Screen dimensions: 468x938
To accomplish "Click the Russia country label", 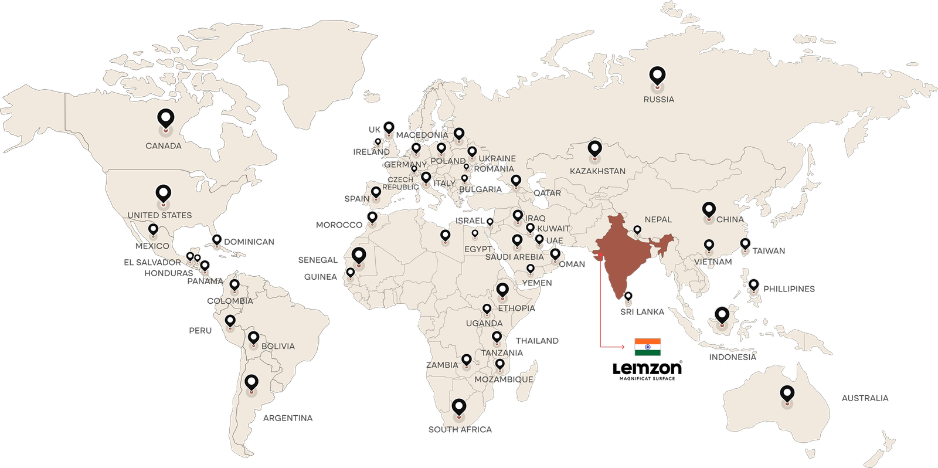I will (658, 100).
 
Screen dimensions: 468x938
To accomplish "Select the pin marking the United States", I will (164, 194).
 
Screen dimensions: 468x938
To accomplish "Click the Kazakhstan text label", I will (597, 171).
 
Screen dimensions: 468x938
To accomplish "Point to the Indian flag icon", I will (647, 347).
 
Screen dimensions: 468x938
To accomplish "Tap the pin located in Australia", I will (787, 394).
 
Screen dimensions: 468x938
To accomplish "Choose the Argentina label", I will (288, 418).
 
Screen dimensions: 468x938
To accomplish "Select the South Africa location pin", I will (459, 407).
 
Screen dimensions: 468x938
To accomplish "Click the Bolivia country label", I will (278, 347).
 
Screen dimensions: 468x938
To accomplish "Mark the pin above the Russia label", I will (658, 76).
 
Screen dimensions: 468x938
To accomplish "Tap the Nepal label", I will (658, 219).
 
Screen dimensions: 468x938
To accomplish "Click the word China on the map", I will (730, 219).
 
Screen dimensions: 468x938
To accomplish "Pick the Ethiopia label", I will (516, 308).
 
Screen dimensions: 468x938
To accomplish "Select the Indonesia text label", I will (732, 357).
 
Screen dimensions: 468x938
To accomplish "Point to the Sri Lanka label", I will (642, 312).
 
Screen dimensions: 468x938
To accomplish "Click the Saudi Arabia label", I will (514, 257).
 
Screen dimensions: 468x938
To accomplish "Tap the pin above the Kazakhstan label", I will (595, 149).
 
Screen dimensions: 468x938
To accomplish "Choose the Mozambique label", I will (504, 379).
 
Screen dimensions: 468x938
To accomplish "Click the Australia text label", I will (865, 399).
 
